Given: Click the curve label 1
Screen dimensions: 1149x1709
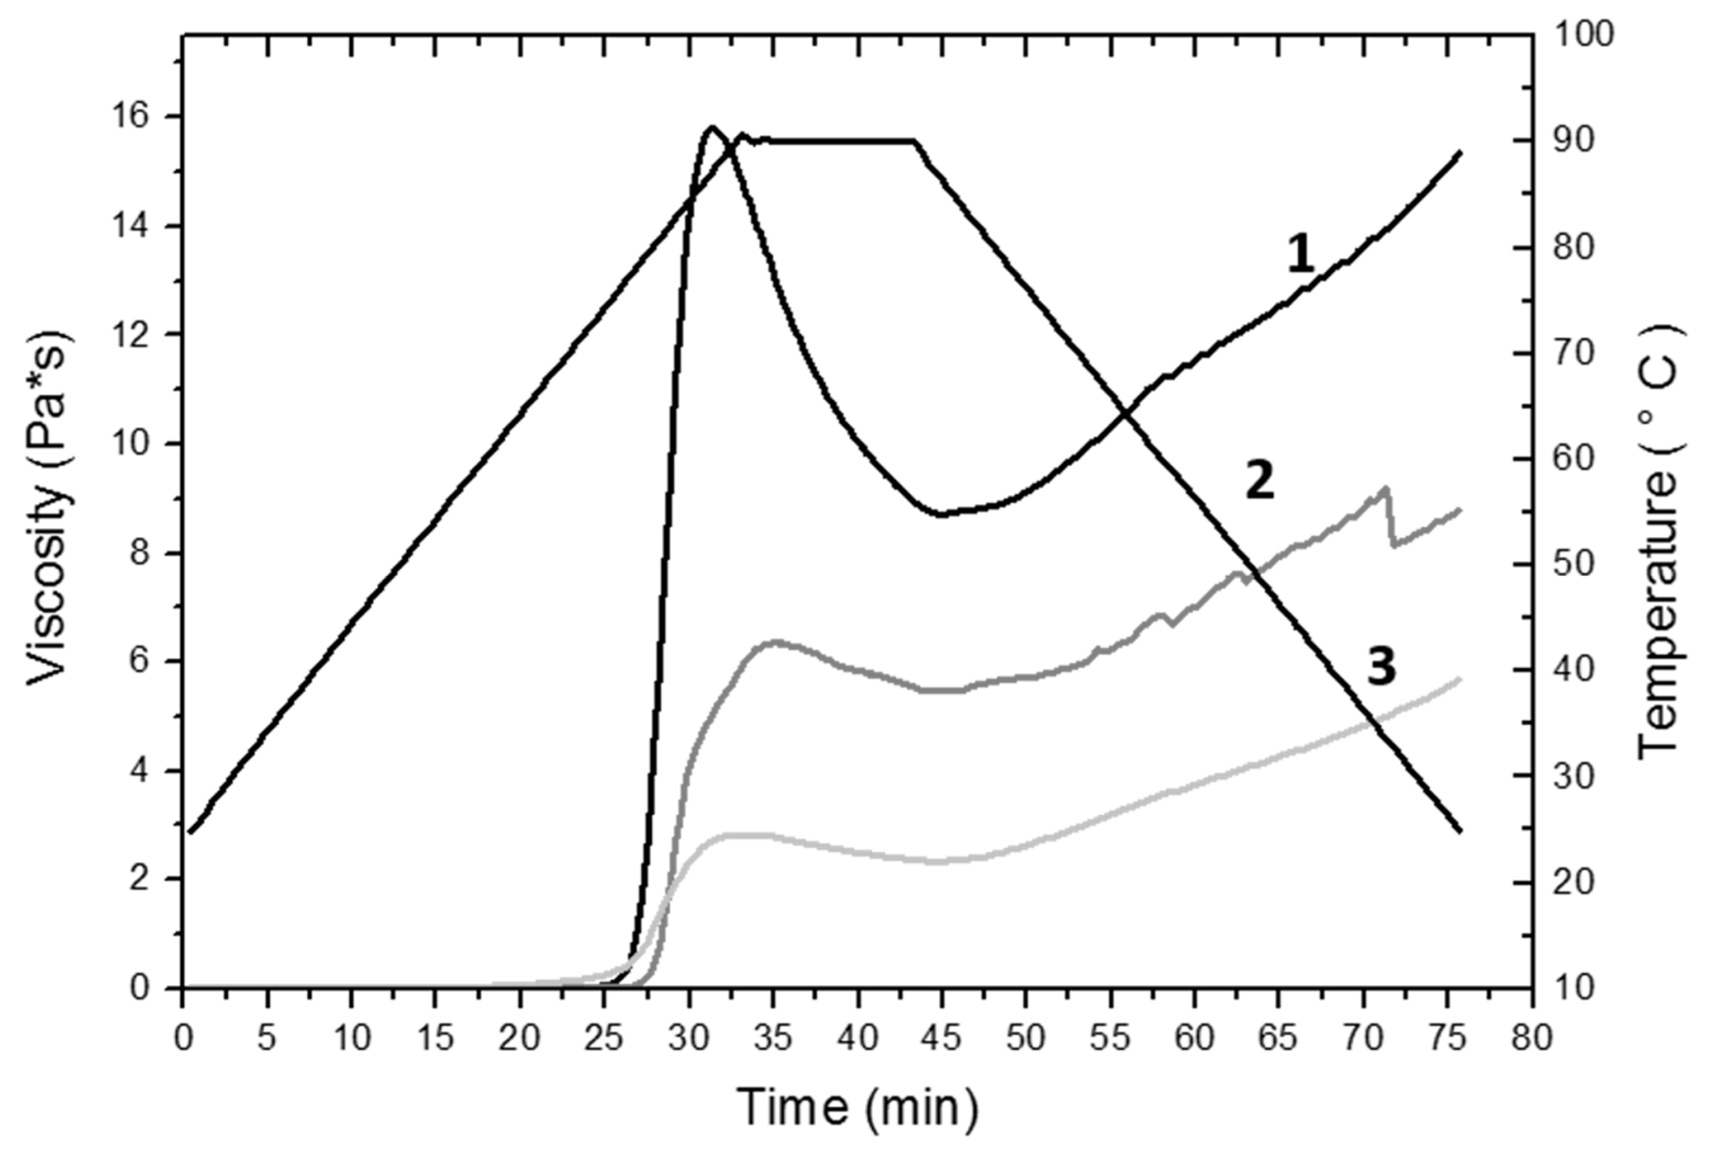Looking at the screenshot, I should pyautogui.click(x=1301, y=256).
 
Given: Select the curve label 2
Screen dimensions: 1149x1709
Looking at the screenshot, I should pyautogui.click(x=1260, y=483).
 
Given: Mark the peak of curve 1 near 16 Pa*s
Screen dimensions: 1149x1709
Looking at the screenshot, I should pyautogui.click(x=711, y=127).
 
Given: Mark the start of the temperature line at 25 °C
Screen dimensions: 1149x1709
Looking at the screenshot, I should pyautogui.click(x=189, y=832).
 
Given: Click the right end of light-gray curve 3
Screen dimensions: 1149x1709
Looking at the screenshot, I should pyautogui.click(x=1460, y=680).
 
